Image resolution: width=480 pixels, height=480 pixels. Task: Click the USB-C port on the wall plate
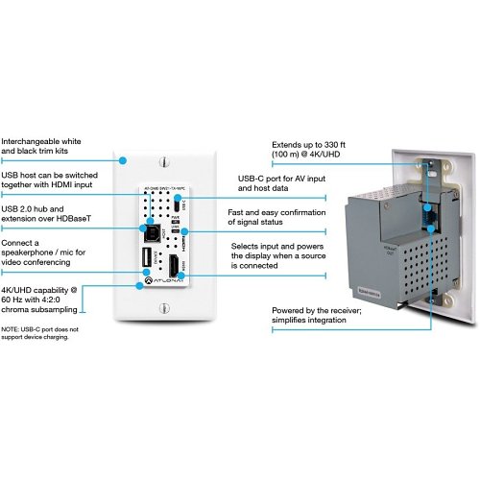pyautogui.click(x=180, y=204)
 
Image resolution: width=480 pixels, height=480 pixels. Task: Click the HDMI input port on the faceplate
pyautogui.click(x=177, y=267)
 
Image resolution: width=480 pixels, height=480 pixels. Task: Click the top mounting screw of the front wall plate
pyautogui.click(x=163, y=161)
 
